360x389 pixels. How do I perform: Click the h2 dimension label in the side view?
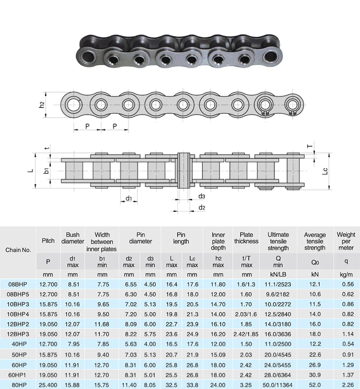[42, 105]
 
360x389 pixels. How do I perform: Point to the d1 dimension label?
[129, 198]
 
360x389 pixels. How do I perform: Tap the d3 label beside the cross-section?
[202, 196]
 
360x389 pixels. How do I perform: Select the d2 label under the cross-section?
[202, 207]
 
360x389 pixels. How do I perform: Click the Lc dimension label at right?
[325, 171]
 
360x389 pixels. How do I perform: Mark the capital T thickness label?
[310, 146]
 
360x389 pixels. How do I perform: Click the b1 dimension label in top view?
[46, 171]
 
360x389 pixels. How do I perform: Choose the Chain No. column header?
[18, 250]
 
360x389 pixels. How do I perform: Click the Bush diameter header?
[72, 238]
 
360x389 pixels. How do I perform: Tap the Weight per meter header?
[346, 241]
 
